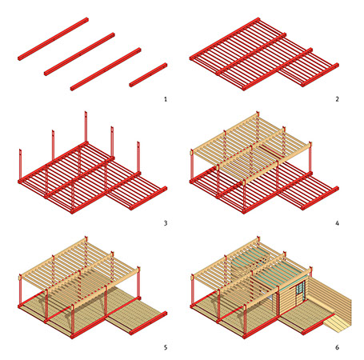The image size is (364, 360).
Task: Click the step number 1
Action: tap(166, 99)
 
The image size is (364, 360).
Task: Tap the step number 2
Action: tap(337, 99)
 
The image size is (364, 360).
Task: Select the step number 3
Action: tap(166, 223)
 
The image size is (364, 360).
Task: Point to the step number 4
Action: tap(337, 223)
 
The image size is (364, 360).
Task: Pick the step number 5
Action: tap(166, 347)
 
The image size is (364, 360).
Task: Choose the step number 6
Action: tap(337, 347)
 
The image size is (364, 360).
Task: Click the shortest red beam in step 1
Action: tap(148, 75)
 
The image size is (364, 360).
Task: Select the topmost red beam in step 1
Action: tap(53, 39)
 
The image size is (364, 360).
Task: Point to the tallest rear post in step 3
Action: tap(86, 126)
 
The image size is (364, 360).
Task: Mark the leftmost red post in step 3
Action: tap(20, 165)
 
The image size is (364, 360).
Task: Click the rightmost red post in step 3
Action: tap(138, 158)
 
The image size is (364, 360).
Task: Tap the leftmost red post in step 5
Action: tap(20, 290)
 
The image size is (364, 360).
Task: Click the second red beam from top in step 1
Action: tap(79, 54)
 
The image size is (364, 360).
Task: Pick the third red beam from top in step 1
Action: tap(106, 70)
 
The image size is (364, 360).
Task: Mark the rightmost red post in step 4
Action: tap(310, 158)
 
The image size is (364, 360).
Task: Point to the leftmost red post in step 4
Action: tap(192, 166)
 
